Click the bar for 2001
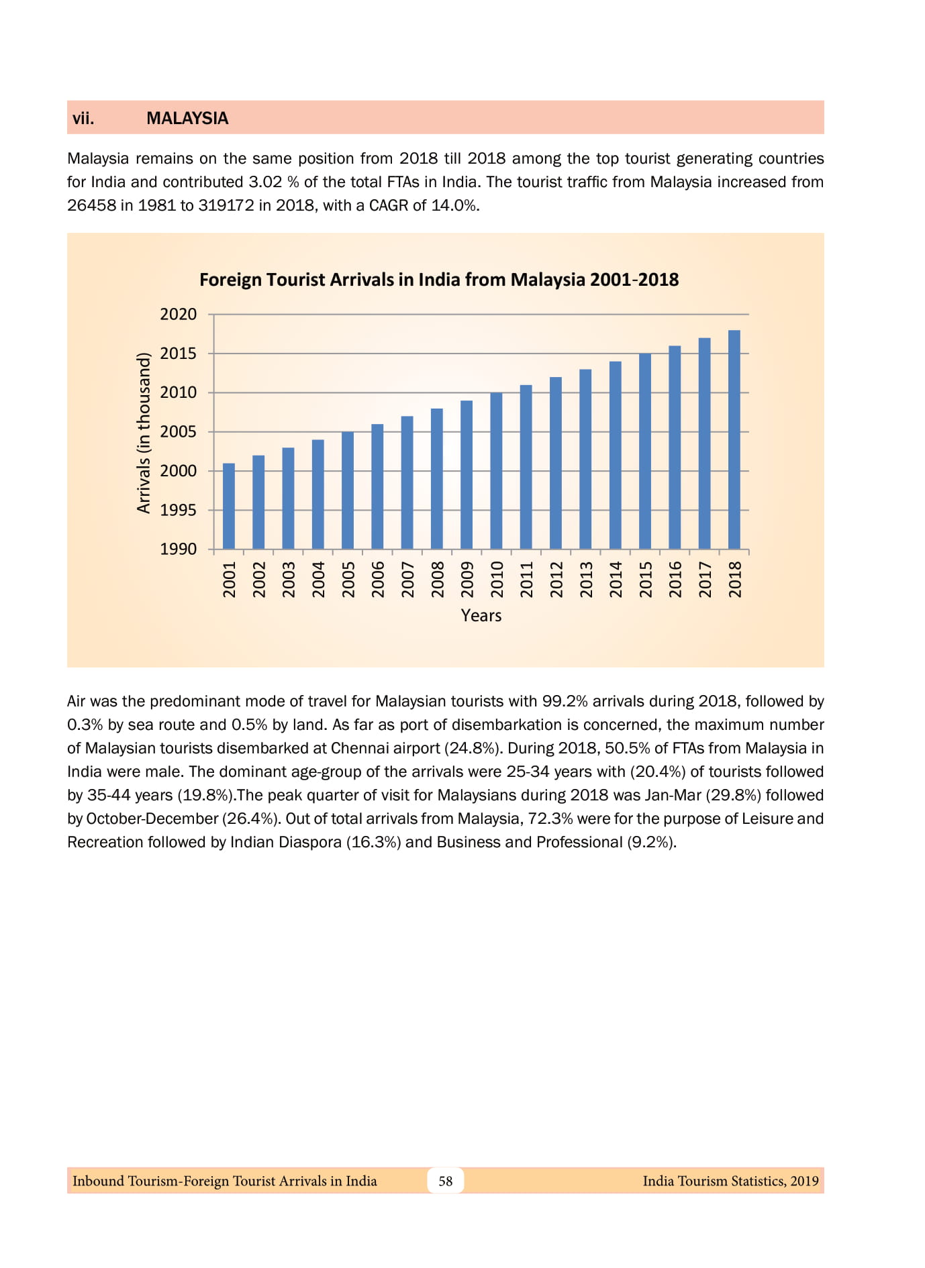(229, 507)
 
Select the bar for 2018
(734, 440)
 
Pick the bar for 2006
(377, 486)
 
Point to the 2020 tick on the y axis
(179, 315)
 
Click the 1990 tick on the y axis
(179, 549)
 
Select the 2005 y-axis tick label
(179, 432)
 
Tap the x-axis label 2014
(616, 579)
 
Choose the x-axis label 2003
(289, 579)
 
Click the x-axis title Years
(481, 616)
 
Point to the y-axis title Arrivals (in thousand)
(144, 433)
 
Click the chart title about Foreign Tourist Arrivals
(439, 280)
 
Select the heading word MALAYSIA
(187, 119)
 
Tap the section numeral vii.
(83, 119)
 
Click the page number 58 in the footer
(446, 1181)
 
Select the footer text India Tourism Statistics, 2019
(730, 1181)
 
